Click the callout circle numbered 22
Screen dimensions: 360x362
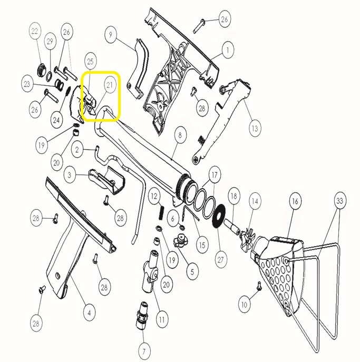click(x=35, y=31)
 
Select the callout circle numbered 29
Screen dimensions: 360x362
click(x=50, y=41)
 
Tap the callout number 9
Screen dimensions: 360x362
click(x=110, y=35)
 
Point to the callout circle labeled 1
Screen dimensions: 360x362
click(x=228, y=50)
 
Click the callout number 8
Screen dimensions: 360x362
click(x=180, y=135)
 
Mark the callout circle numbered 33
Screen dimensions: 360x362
click(x=339, y=201)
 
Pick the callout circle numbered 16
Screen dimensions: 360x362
click(x=295, y=201)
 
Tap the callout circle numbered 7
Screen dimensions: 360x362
click(x=144, y=351)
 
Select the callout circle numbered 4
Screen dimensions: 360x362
click(x=89, y=313)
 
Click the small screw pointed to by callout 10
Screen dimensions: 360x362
click(x=259, y=286)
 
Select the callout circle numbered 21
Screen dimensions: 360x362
click(x=110, y=85)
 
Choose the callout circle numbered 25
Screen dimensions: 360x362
click(x=90, y=61)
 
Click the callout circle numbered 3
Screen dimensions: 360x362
click(x=70, y=175)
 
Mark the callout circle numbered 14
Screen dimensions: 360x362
click(x=255, y=201)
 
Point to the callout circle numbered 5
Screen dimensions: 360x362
click(x=192, y=271)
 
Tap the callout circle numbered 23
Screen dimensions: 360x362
click(x=27, y=84)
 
